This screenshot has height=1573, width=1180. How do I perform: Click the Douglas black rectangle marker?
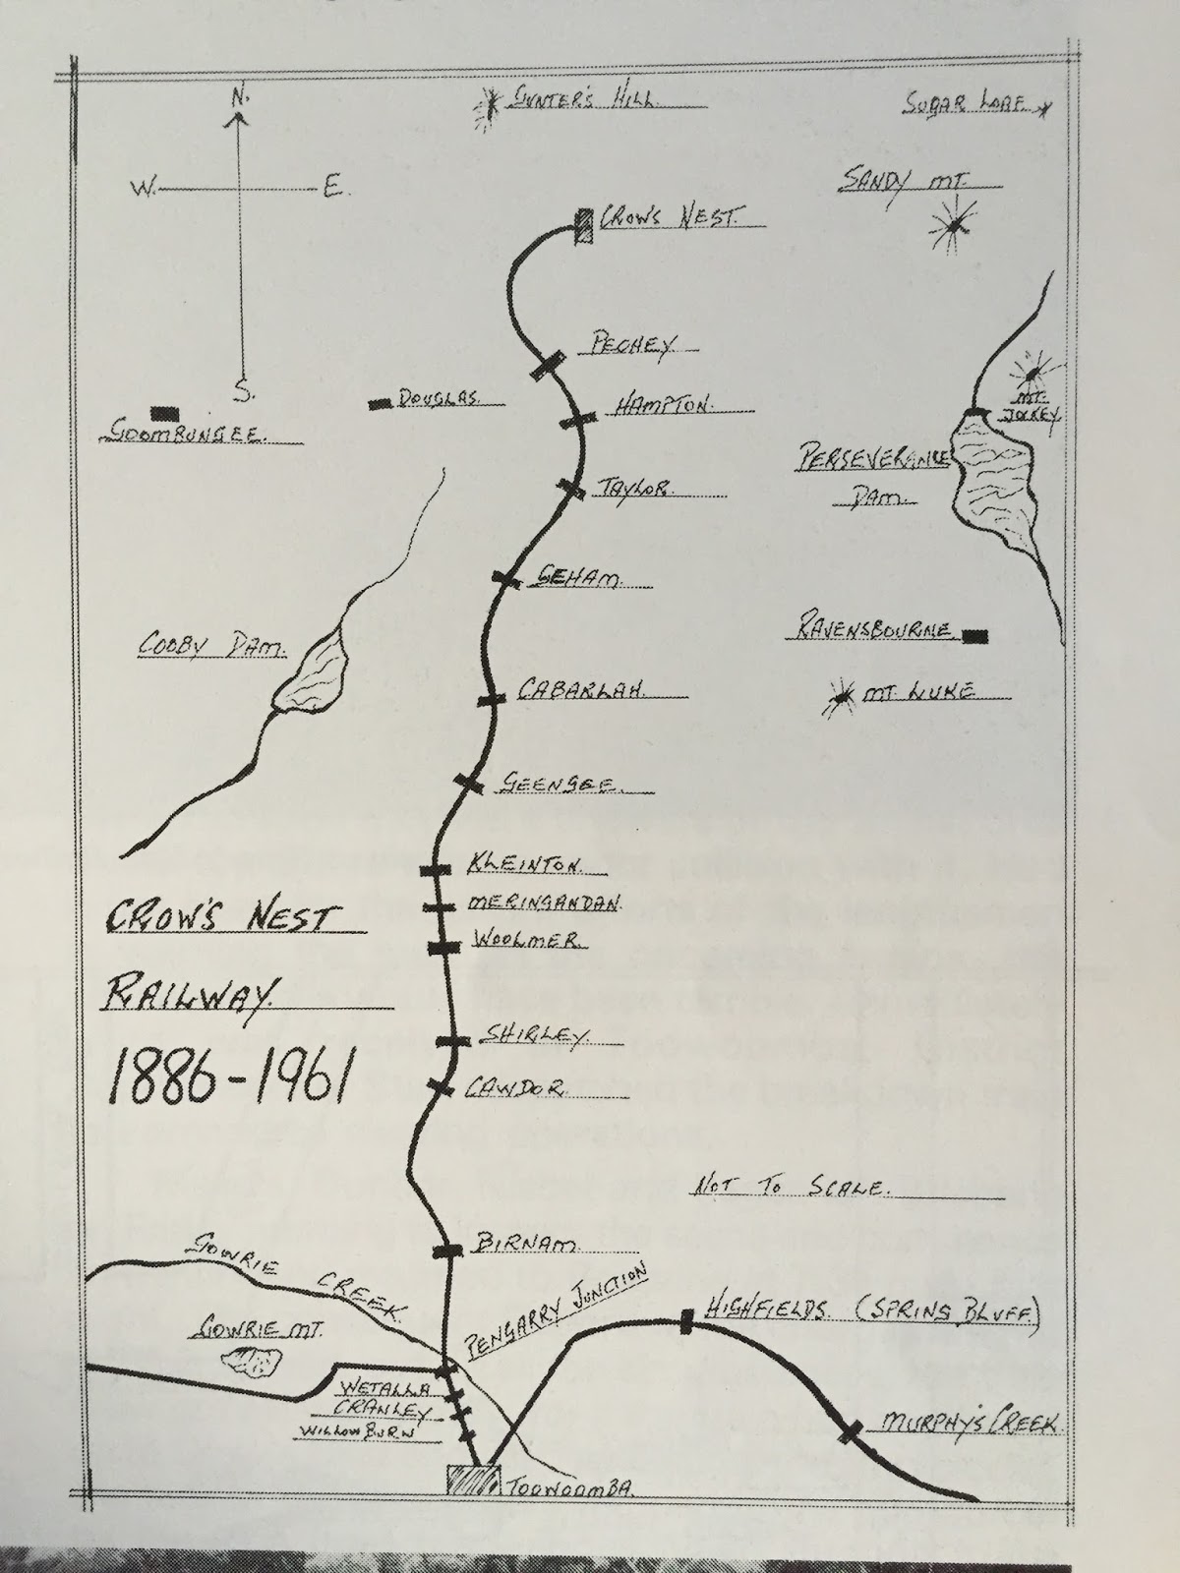tap(378, 403)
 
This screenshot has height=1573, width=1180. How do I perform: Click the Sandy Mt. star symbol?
tap(953, 227)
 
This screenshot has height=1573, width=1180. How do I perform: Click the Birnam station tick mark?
tap(448, 1251)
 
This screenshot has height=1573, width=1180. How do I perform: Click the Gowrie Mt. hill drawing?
tap(252, 1362)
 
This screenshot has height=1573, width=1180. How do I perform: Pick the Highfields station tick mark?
tap(686, 1322)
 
